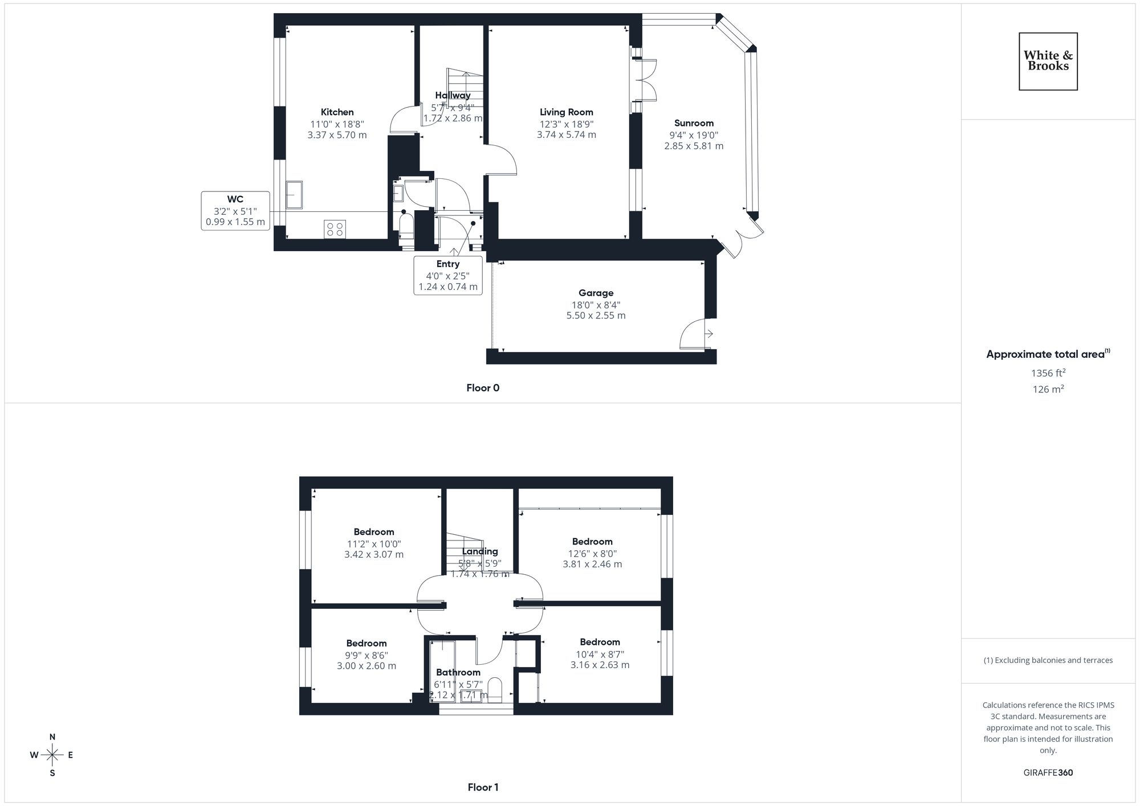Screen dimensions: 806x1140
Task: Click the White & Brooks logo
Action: pyautogui.click(x=1048, y=61)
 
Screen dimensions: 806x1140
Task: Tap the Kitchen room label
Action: pyautogui.click(x=337, y=112)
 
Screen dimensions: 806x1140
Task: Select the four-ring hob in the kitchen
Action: pyautogui.click(x=335, y=229)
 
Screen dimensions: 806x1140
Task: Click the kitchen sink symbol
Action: pyautogui.click(x=294, y=194)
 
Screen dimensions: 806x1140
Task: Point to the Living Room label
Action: pyautogui.click(x=566, y=112)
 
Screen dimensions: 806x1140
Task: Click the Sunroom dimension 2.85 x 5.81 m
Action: pyautogui.click(x=693, y=146)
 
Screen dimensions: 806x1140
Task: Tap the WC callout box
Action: pyautogui.click(x=235, y=211)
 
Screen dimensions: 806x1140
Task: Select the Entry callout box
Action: pyautogui.click(x=448, y=275)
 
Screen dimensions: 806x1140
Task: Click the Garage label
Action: pyautogui.click(x=596, y=293)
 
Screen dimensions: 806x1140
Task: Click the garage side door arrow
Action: pyautogui.click(x=709, y=334)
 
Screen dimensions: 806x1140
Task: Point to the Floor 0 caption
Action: pyautogui.click(x=482, y=388)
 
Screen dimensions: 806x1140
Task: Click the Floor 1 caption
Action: pyautogui.click(x=483, y=787)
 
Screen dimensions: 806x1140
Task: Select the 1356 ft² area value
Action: pyautogui.click(x=1048, y=373)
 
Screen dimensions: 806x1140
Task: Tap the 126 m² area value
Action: pyautogui.click(x=1048, y=389)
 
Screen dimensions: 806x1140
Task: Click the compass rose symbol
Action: pyautogui.click(x=52, y=755)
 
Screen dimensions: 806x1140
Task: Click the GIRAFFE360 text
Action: pyautogui.click(x=1048, y=773)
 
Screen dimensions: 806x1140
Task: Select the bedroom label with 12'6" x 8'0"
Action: pyautogui.click(x=592, y=542)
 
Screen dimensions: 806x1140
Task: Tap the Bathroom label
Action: pyautogui.click(x=458, y=672)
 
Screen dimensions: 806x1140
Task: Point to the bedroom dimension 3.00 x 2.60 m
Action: pyautogui.click(x=366, y=666)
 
